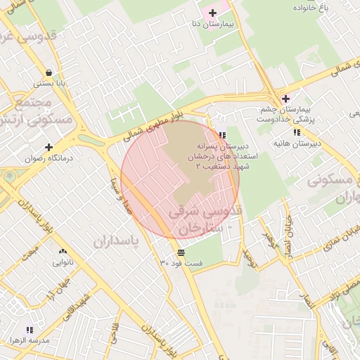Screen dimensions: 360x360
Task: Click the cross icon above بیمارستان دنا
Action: [212, 13]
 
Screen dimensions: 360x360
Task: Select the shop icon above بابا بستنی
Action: [49, 72]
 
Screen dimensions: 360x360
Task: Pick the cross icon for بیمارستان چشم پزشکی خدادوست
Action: [285, 98]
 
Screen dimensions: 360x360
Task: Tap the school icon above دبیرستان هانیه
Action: [297, 132]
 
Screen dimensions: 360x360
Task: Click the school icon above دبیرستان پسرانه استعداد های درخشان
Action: [222, 135]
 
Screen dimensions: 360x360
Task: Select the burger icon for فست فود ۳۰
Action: [181, 252]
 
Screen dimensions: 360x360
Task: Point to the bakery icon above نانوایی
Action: [63, 252]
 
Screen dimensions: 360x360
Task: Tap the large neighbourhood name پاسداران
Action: [116, 240]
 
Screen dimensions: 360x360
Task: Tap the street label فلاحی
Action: [115, 337]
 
